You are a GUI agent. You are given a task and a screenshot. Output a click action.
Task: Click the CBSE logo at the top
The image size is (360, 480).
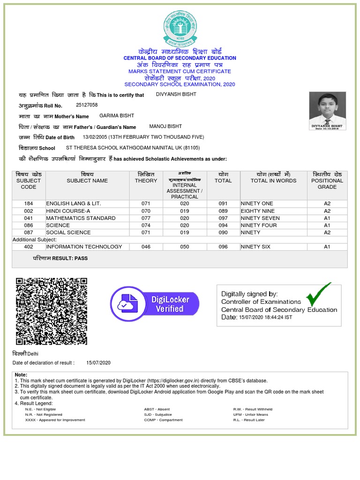point(180,29)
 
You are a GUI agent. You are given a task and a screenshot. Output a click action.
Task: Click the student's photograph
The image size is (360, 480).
point(327,111)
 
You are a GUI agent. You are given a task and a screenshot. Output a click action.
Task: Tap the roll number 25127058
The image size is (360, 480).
point(87,105)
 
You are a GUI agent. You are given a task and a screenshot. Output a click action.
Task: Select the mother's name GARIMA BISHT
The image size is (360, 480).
point(117,116)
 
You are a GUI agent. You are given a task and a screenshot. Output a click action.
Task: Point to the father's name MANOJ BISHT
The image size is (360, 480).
point(165,127)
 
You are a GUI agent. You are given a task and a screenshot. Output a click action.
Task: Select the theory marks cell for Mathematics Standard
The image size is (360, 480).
point(145,218)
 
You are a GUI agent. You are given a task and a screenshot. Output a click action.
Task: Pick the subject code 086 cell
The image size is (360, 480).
point(29,225)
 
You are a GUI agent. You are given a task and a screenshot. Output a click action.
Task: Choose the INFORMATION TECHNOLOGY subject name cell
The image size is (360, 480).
point(84,247)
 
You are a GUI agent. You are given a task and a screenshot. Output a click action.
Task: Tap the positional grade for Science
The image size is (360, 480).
point(327,225)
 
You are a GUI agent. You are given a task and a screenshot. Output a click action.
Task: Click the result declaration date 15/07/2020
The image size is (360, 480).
point(98,363)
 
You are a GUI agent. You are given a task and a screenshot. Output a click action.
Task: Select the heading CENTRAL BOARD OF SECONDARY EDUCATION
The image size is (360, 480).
point(180,58)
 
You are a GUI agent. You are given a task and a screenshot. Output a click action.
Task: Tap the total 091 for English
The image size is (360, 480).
point(223,204)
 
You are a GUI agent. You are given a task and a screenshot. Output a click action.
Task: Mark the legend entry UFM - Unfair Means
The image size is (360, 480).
point(251,415)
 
